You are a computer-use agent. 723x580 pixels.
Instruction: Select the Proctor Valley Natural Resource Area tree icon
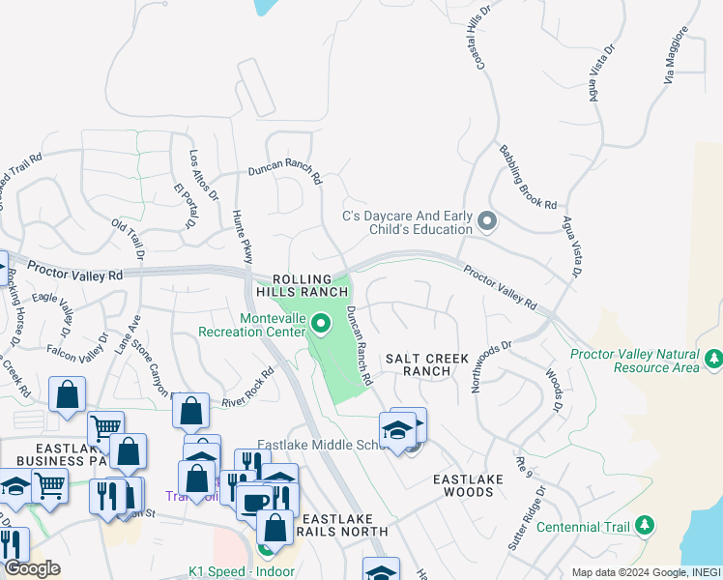coord(713,360)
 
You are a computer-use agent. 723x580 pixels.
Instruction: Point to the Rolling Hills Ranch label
coord(301,284)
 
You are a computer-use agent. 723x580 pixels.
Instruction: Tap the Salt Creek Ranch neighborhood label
coord(426,364)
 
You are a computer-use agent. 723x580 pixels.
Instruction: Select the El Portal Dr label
coord(183,206)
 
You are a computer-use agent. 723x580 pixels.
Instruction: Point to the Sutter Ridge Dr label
coord(525,518)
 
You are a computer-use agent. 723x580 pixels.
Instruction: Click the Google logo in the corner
coord(32,568)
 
